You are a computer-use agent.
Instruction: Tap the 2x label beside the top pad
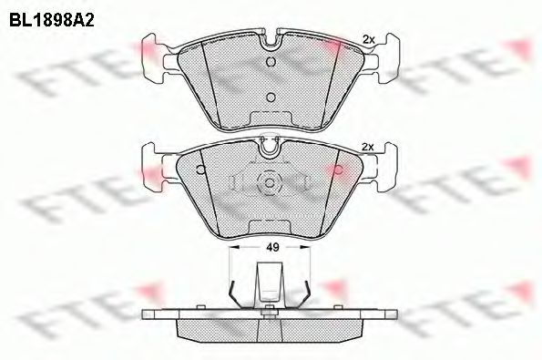coord(368,38)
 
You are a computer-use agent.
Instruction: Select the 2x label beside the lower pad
coord(368,147)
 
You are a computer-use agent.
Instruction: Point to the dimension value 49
coord(271,246)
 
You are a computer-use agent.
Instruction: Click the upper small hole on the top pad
coord(270,62)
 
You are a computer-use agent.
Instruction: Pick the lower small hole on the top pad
coord(270,96)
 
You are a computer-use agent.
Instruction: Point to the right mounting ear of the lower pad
coord(383,170)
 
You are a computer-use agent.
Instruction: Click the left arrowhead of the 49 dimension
coord(234,246)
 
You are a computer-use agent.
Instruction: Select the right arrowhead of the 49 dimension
coord(308,246)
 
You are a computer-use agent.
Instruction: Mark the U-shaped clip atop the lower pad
coord(270,143)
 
